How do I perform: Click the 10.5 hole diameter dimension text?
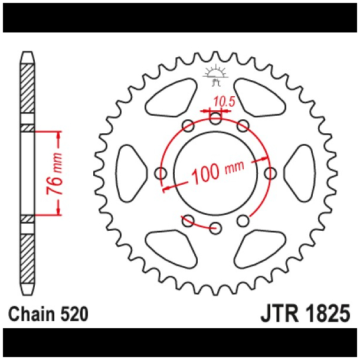[224, 102]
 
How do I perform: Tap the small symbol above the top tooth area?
[215, 74]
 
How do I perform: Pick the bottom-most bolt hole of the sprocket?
[215, 227]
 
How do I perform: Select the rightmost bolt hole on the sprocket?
[270, 174]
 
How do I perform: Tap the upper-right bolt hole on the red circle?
[243, 126]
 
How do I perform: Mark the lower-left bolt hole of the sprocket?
[188, 221]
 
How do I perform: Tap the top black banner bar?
[180, 18]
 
